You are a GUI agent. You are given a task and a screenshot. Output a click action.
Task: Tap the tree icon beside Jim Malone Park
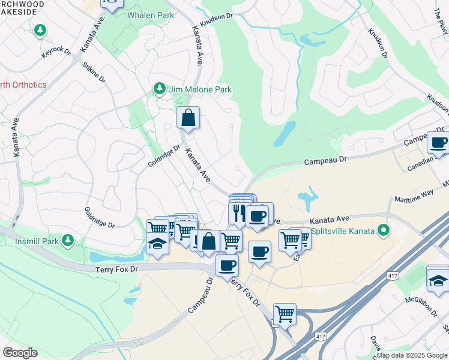(159, 89)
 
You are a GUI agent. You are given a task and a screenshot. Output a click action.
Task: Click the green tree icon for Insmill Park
(68, 241)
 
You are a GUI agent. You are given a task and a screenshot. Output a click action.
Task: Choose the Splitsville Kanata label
(342, 230)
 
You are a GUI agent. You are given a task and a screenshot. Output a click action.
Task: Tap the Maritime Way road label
(414, 196)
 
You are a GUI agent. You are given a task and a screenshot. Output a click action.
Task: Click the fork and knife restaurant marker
(238, 212)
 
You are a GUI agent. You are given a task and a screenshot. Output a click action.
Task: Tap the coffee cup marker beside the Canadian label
(438, 142)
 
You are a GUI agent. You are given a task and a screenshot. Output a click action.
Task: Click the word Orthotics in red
(24, 85)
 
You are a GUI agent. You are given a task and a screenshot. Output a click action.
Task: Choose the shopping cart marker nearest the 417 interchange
(285, 314)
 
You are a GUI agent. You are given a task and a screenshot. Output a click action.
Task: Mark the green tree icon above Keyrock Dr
(40, 29)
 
